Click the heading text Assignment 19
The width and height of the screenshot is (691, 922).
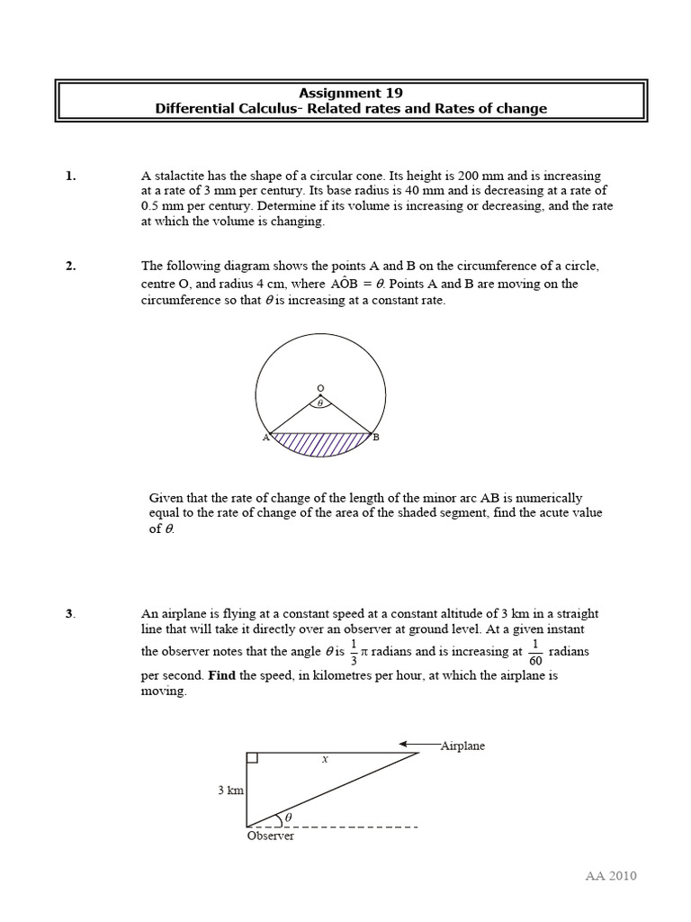pos(350,93)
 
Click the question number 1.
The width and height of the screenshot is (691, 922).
pos(70,176)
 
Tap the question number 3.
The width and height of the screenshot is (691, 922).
pos(70,614)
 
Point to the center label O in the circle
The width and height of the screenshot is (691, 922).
pos(319,389)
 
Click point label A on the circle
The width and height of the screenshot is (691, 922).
pos(265,438)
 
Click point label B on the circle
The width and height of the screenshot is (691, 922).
pos(376,438)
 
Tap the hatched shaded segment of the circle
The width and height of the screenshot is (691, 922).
pos(321,444)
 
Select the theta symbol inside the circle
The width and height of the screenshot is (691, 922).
pos(319,404)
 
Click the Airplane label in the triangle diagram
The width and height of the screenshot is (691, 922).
pos(462,746)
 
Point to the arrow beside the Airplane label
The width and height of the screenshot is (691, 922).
pos(418,745)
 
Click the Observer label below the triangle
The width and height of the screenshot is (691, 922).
pos(270,836)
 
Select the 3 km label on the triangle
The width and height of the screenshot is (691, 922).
pos(230,791)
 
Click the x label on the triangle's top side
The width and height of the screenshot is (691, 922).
pos(325,759)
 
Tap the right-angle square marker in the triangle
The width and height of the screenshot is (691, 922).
pos(252,757)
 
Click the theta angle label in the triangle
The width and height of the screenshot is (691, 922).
pos(288,818)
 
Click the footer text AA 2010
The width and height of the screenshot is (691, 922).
pos(610,876)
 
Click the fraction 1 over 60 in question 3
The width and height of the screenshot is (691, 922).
pos(535,651)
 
